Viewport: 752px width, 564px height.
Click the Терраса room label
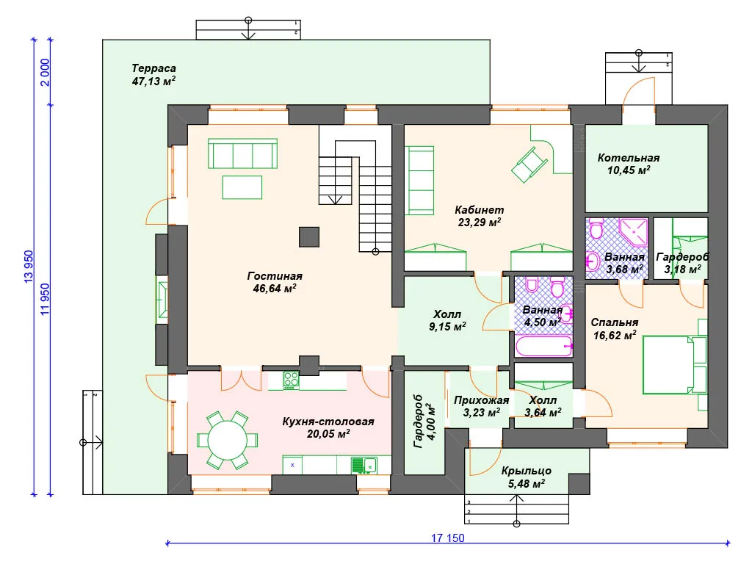point(154,68)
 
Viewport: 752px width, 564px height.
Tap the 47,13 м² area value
point(153,81)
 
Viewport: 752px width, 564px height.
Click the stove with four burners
point(291,380)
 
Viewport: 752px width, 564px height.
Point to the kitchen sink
point(364,465)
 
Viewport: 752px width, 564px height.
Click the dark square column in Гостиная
point(309,237)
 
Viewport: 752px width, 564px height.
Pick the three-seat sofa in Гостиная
point(242,153)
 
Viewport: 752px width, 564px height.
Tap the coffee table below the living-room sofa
point(242,187)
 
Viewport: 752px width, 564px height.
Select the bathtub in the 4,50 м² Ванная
point(543,346)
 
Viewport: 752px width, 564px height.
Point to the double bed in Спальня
point(674,364)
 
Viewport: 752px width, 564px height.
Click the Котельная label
point(629,158)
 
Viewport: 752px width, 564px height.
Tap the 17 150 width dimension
point(447,538)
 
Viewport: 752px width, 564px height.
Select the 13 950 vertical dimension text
point(29,266)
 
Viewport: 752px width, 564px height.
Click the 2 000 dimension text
point(45,72)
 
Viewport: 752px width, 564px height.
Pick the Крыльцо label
point(526,471)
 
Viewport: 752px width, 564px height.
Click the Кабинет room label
point(479,209)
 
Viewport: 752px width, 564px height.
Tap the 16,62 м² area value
point(615,335)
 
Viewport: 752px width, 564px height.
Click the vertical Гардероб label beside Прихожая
point(418,422)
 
